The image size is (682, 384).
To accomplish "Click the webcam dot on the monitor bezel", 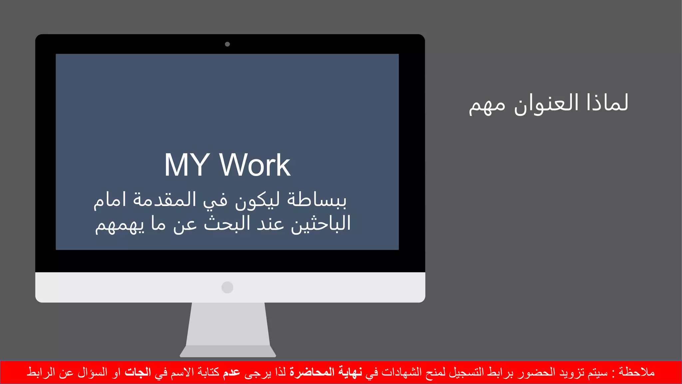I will (x=227, y=44).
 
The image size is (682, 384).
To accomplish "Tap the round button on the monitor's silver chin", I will (x=227, y=287).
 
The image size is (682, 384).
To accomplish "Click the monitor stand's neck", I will (x=228, y=323).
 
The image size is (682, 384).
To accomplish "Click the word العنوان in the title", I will (x=546, y=103).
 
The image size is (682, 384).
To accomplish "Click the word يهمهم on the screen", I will (x=120, y=225).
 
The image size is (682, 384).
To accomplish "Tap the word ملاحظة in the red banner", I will (x=637, y=372).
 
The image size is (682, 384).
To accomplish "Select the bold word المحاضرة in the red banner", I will (x=312, y=372).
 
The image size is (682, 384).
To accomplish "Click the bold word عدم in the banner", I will (x=231, y=372).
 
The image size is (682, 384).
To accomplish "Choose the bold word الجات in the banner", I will (x=138, y=372).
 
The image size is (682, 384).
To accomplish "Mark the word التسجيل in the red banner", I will (x=466, y=372).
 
